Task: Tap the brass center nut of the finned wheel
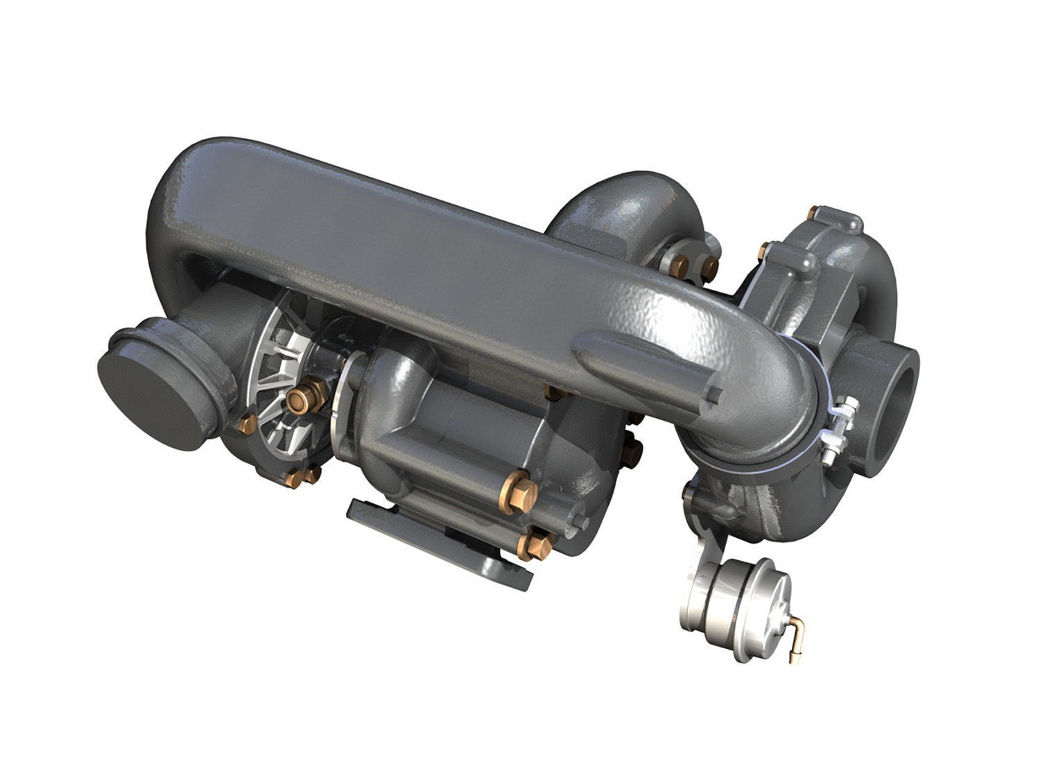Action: point(300,397)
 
